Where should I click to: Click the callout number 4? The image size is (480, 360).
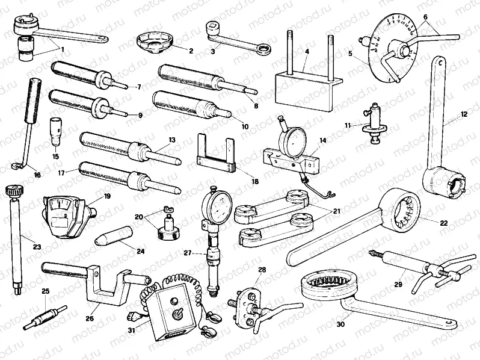coord(306,52)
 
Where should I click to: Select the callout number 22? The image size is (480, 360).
coord(444,223)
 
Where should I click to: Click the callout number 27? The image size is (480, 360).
coord(188,254)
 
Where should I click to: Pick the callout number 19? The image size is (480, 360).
coord(108,196)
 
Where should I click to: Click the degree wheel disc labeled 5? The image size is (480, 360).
coord(385,54)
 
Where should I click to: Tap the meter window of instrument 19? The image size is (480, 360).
coord(61,211)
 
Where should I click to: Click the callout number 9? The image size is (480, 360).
coord(140,114)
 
